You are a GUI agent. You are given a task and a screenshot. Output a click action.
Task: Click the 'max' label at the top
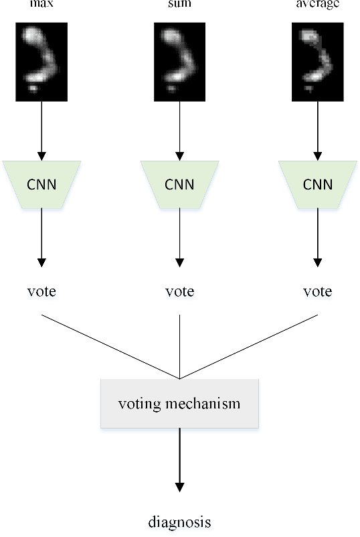coord(41,3)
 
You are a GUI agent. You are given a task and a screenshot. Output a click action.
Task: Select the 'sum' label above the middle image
coord(179,3)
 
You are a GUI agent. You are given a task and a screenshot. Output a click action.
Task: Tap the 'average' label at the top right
coord(317,3)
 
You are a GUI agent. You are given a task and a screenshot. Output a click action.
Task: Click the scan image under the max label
coord(41,62)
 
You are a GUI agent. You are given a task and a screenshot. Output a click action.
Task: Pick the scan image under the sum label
coord(179,62)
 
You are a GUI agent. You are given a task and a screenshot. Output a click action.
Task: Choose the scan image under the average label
coord(317,62)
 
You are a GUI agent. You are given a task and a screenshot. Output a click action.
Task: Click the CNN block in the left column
coord(41,183)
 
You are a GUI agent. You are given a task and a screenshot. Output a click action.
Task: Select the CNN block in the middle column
coord(179,183)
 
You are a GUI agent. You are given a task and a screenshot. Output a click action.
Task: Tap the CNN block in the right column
coord(317,183)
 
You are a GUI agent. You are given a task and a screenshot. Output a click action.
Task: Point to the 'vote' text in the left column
coord(41,292)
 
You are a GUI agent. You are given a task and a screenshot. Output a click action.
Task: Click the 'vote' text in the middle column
coord(179,292)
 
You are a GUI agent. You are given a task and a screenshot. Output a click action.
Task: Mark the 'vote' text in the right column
coord(317,292)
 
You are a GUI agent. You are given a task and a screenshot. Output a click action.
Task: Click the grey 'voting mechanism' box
coord(179,404)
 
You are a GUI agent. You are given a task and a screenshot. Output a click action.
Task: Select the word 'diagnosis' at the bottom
coord(179,522)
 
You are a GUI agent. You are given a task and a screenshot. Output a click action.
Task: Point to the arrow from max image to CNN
coord(41,131)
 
